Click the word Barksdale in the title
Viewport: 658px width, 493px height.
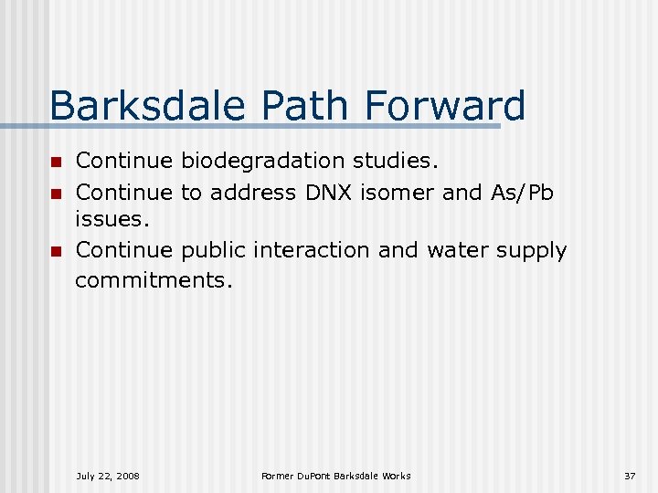pos(146,106)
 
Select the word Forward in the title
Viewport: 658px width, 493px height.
pos(445,106)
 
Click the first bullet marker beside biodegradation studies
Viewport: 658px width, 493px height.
pos(55,163)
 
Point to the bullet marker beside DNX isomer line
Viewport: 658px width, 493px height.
pos(55,193)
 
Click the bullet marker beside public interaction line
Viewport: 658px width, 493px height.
pos(55,251)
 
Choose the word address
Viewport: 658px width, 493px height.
pos(253,192)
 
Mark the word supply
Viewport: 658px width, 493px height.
pos(532,251)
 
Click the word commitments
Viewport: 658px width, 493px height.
pos(154,280)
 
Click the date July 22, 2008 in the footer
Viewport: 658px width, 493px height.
pos(108,476)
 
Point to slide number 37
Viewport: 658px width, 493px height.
pos(629,476)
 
